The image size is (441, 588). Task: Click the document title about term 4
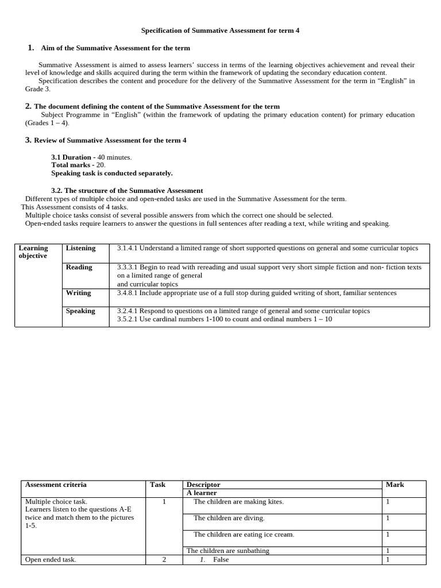[220, 30]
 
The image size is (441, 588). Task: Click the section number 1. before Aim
[32, 48]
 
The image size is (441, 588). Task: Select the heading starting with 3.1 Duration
[71, 157]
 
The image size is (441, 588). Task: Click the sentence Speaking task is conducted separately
[112, 173]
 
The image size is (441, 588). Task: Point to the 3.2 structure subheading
[127, 190]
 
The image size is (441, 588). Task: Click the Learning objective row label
[33, 252]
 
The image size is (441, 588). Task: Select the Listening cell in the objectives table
[80, 248]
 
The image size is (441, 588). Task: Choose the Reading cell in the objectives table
[79, 267]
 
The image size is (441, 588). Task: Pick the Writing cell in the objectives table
[78, 293]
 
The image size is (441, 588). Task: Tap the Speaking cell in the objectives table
[80, 311]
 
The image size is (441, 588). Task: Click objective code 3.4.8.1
[127, 293]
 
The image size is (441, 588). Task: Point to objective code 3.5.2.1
[127, 319]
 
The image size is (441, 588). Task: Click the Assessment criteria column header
[56, 485]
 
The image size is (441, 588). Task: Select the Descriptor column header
[203, 485]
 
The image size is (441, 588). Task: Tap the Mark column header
[394, 485]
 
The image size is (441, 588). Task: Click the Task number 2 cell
[164, 559]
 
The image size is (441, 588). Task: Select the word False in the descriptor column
[220, 559]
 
